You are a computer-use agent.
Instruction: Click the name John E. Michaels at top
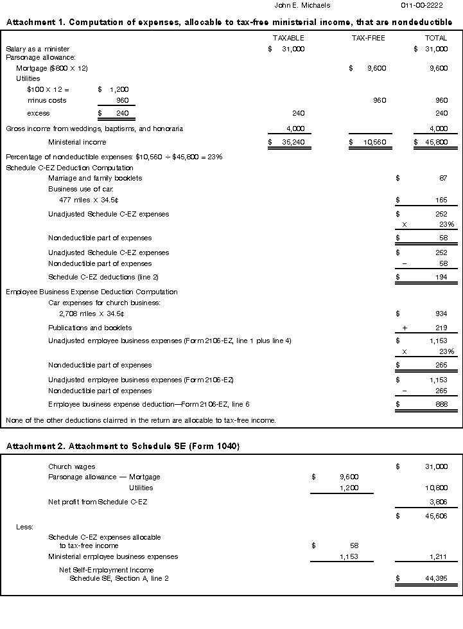click(302, 5)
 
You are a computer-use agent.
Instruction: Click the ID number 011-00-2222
click(422, 5)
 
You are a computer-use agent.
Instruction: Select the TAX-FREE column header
click(369, 39)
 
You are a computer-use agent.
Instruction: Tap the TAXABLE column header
click(288, 39)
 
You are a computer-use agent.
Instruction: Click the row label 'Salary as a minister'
click(38, 49)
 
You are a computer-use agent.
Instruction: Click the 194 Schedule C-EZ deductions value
click(441, 278)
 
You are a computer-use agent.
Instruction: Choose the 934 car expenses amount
click(441, 314)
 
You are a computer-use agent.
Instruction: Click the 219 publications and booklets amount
click(441, 328)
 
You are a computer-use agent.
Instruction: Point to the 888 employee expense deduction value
click(441, 404)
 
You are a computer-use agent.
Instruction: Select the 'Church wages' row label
click(71, 466)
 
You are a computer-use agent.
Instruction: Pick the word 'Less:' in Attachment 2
click(24, 527)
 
